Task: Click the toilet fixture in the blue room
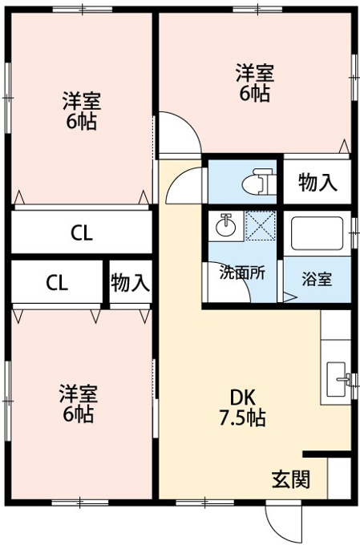258,181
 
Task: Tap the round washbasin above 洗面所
225,225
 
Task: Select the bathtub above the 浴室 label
317,233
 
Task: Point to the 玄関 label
290,479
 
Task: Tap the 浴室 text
317,279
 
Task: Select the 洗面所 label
242,272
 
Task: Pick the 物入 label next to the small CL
131,282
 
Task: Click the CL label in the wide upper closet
82,233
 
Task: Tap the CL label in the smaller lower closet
57,283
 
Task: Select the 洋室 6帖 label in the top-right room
255,83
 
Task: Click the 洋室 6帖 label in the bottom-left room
79,403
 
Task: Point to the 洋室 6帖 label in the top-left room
82,110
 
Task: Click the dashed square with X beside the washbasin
261,225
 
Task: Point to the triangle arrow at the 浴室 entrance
289,297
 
